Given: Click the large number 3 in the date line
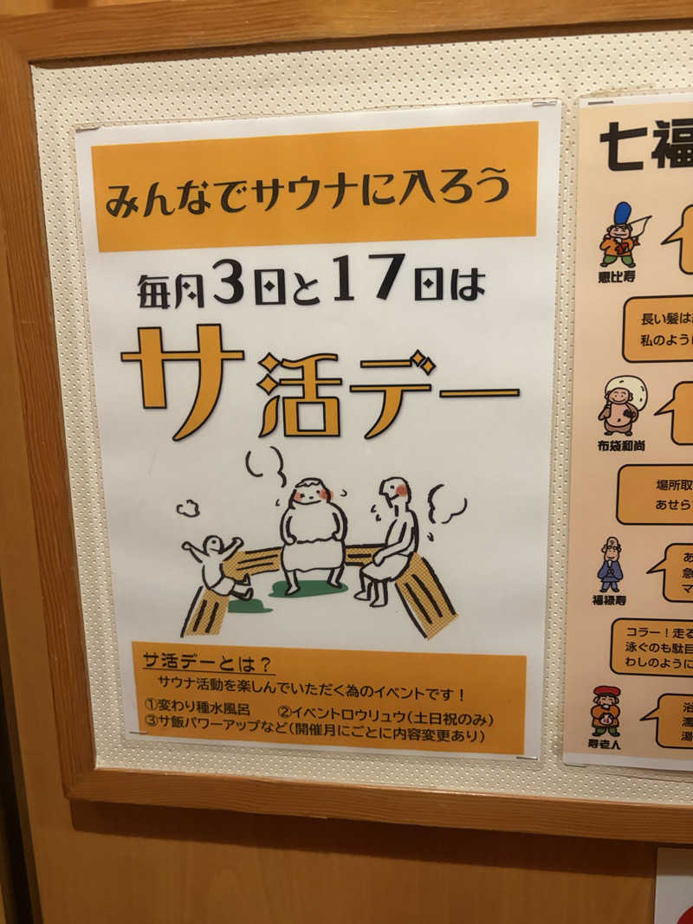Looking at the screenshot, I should tap(228, 282).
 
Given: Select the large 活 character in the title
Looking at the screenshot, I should tap(300, 393).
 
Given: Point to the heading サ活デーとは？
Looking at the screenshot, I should tap(208, 663).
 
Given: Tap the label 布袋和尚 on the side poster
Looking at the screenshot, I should tap(620, 445).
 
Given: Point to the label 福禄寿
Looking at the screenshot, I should tap(609, 598).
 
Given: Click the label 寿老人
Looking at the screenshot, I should tap(605, 743).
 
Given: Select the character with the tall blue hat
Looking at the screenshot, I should tap(621, 235).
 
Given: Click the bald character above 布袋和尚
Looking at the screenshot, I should tap(621, 405).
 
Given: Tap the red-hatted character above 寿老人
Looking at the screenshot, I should tap(606, 710).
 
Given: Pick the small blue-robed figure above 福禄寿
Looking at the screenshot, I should tap(610, 564).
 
